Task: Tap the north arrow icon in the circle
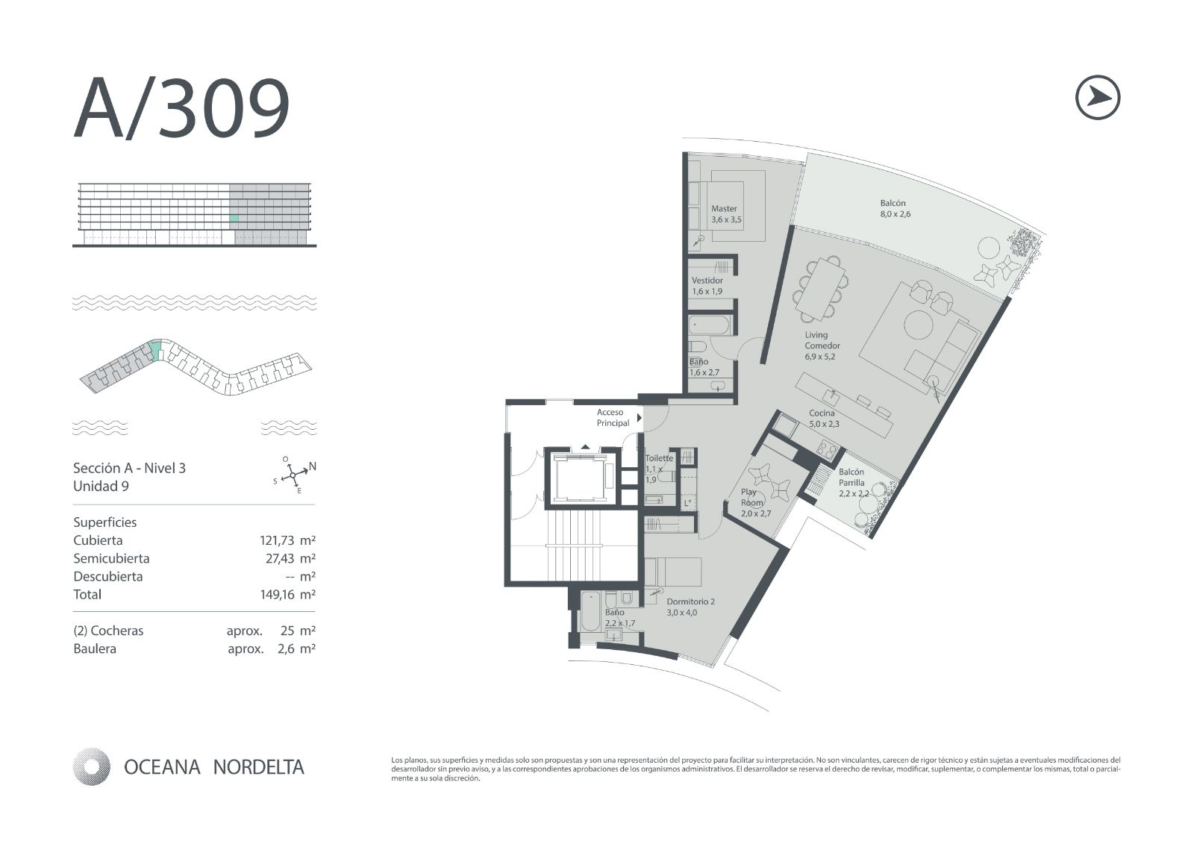[1098, 97]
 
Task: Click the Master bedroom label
[726, 214]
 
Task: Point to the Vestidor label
[707, 286]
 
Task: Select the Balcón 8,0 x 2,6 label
[895, 208]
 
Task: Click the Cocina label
[824, 419]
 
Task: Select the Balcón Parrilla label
[854, 483]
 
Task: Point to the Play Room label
[755, 502]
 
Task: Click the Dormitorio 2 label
[690, 607]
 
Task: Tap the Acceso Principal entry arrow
[640, 418]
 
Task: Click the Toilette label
[659, 469]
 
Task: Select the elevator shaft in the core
[583, 478]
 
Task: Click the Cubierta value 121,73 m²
[287, 540]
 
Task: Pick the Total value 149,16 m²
[287, 595]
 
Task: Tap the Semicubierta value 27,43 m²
[290, 559]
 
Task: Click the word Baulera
[95, 649]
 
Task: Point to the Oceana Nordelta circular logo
[91, 766]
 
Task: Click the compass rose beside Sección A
[294, 474]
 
